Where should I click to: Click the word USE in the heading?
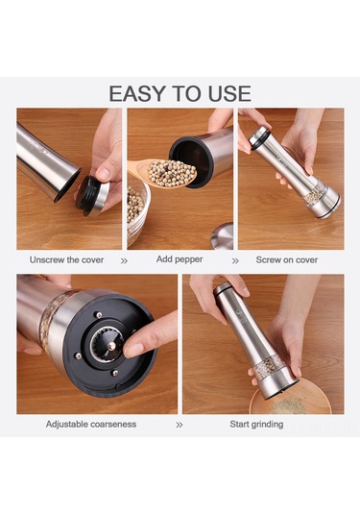point(230,94)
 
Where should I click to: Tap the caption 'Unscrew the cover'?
point(66,260)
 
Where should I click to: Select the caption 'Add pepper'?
point(180,259)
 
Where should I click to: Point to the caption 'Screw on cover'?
point(287,260)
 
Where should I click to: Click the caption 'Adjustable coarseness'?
point(91,425)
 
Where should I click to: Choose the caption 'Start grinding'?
point(256,425)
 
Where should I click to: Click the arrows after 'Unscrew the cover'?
point(124,261)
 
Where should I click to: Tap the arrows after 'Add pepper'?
point(235,261)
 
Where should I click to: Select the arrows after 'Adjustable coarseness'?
point(180,425)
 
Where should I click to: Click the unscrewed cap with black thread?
point(92,196)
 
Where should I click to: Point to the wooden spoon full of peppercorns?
point(164,172)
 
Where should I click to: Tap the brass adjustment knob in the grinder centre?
point(111,346)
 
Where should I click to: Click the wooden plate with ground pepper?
point(291,398)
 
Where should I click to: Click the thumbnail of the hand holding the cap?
point(103,174)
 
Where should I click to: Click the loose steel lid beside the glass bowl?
point(223,236)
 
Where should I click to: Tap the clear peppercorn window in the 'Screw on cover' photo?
point(315,194)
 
